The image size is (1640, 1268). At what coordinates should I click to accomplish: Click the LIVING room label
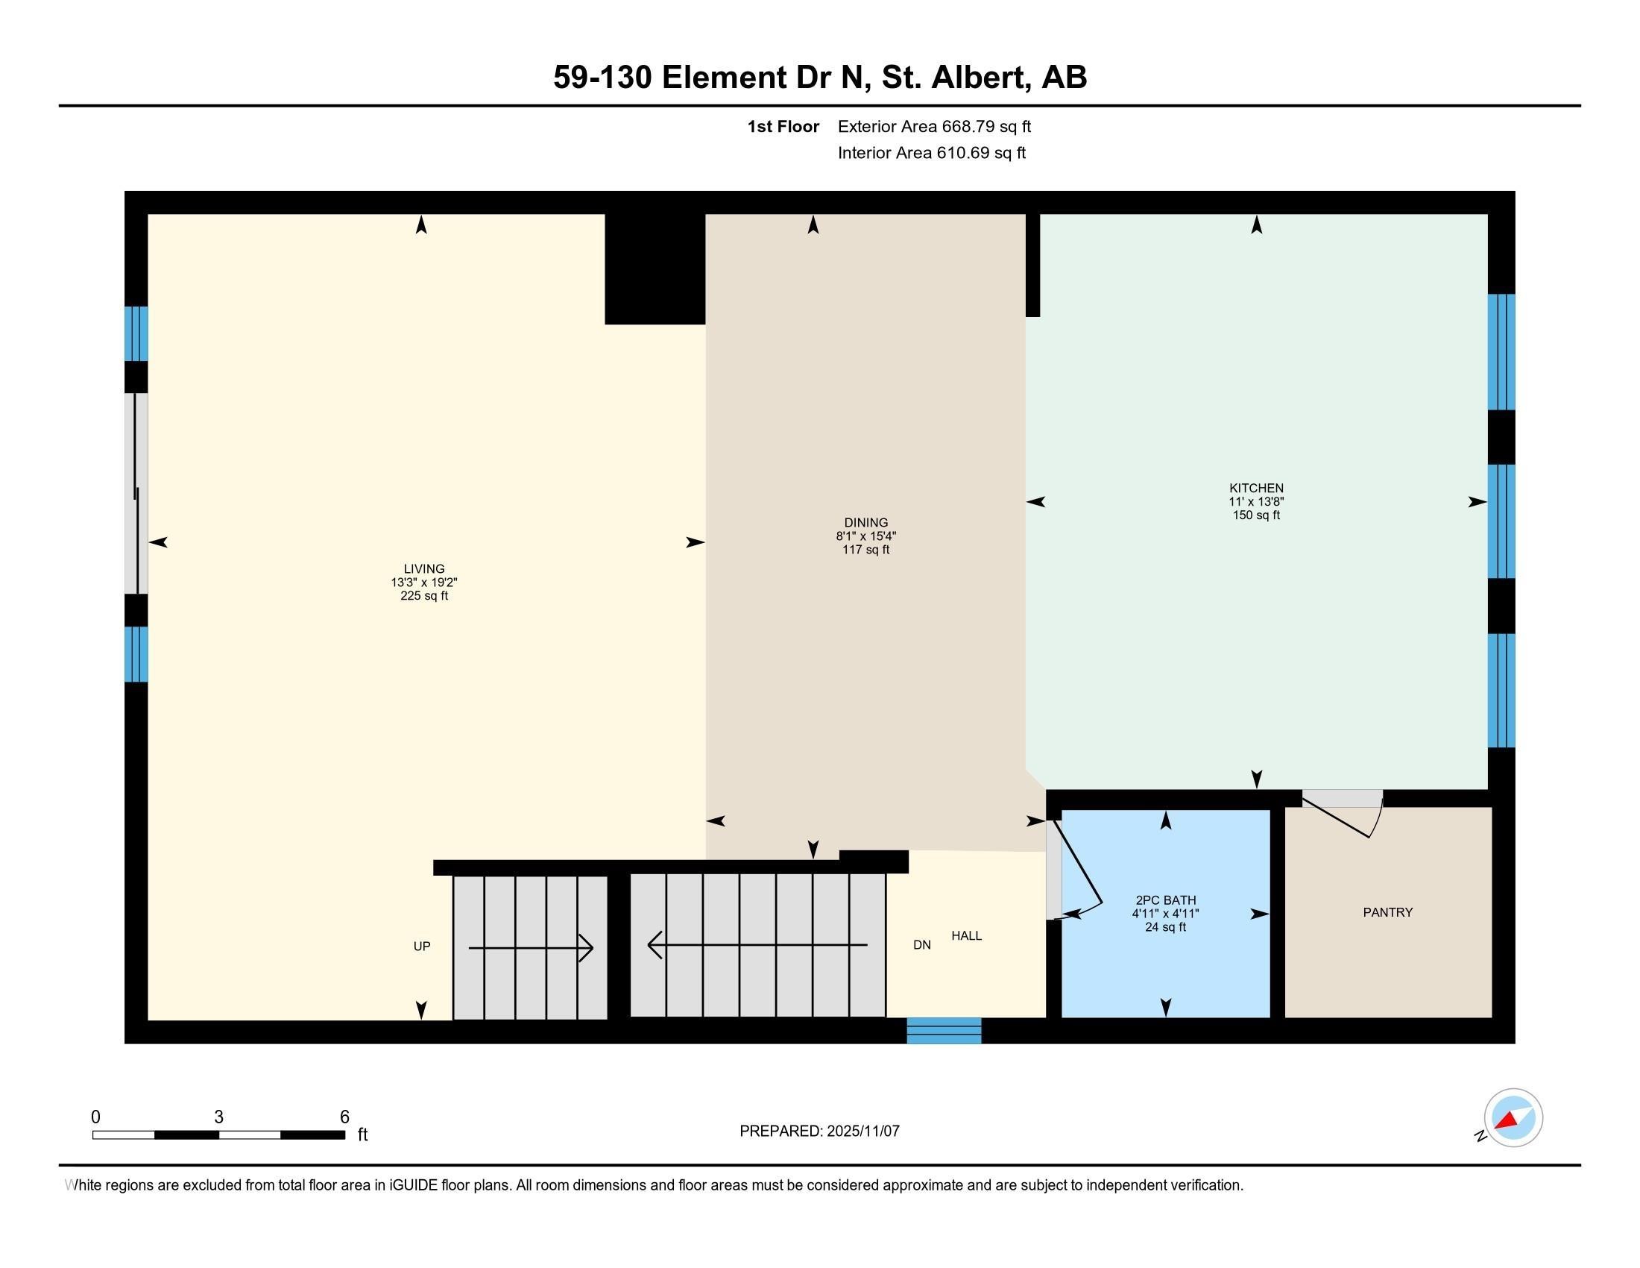click(423, 568)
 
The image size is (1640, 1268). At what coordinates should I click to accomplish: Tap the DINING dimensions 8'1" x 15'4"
click(865, 536)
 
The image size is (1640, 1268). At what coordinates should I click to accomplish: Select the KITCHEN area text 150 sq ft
click(1255, 515)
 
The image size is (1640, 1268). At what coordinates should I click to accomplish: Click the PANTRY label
click(1387, 912)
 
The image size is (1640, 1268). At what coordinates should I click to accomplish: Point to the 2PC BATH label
click(1165, 900)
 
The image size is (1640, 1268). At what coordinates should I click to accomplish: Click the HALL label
click(965, 935)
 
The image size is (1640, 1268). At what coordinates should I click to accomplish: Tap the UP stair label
click(421, 947)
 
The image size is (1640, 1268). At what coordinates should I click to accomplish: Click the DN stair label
click(921, 945)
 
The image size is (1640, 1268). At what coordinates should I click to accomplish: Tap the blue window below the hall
click(943, 1031)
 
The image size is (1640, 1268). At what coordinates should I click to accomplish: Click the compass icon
click(1513, 1118)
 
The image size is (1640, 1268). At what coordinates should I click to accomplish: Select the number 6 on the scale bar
click(344, 1117)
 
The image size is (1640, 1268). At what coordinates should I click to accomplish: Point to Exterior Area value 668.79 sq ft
click(986, 127)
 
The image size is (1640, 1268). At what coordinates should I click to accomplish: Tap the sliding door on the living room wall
click(135, 494)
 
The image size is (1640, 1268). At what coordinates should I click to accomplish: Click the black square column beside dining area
click(654, 270)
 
